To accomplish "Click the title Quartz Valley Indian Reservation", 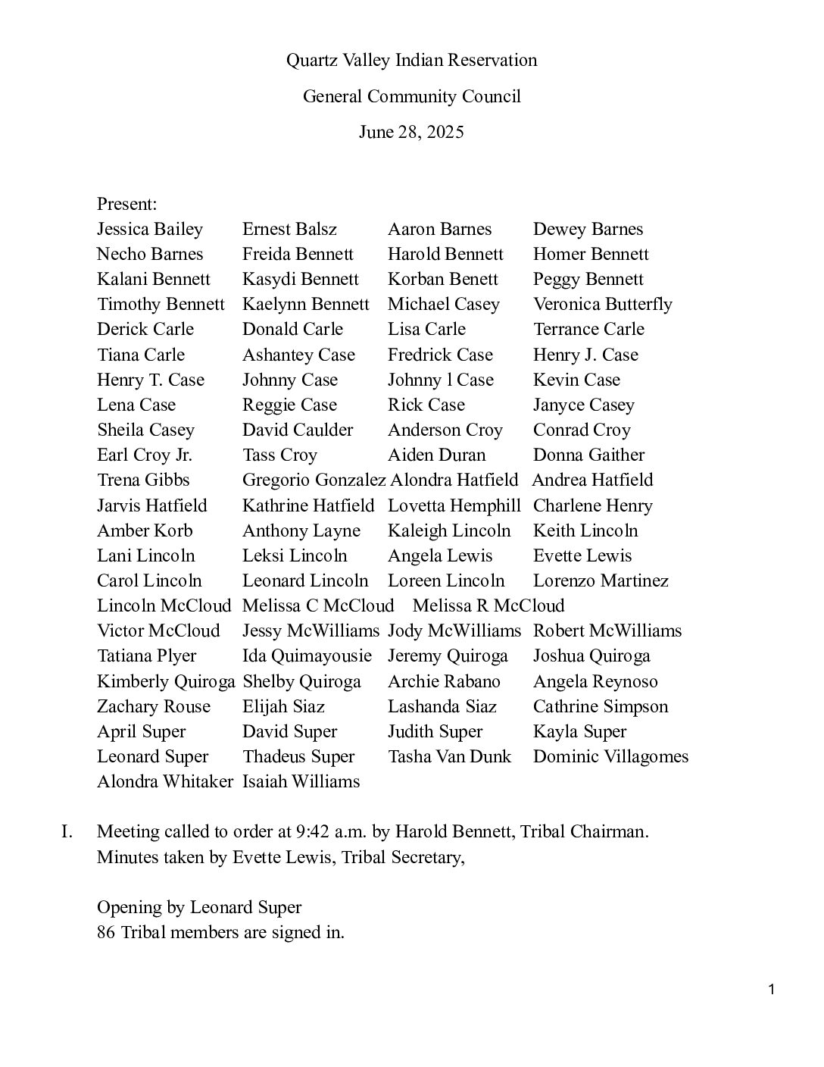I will click(411, 60).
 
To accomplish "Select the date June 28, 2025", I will click(411, 133).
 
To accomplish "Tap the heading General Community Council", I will click(411, 96).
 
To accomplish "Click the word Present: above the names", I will click(127, 204).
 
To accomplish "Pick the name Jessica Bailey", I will click(150, 229).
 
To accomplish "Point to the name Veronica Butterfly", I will click(602, 304).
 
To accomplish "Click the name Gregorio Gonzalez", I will click(314, 480).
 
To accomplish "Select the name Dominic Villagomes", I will click(610, 756).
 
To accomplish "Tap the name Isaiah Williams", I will click(301, 781).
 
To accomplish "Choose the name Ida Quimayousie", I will click(307, 656).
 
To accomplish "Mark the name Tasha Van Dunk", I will click(449, 756).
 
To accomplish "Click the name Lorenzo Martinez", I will click(601, 580).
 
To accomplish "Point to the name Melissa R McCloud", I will click(488, 605).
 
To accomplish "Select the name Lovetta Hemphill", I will click(454, 505).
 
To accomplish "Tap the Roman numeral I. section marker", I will click(67, 831).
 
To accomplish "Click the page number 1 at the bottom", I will click(771, 989).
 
